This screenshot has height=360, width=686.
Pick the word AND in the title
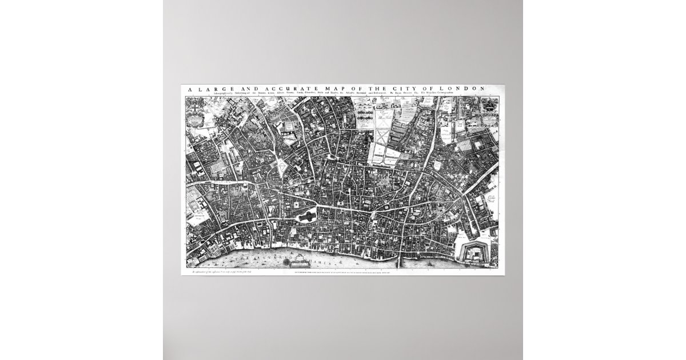[x=237, y=88]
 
